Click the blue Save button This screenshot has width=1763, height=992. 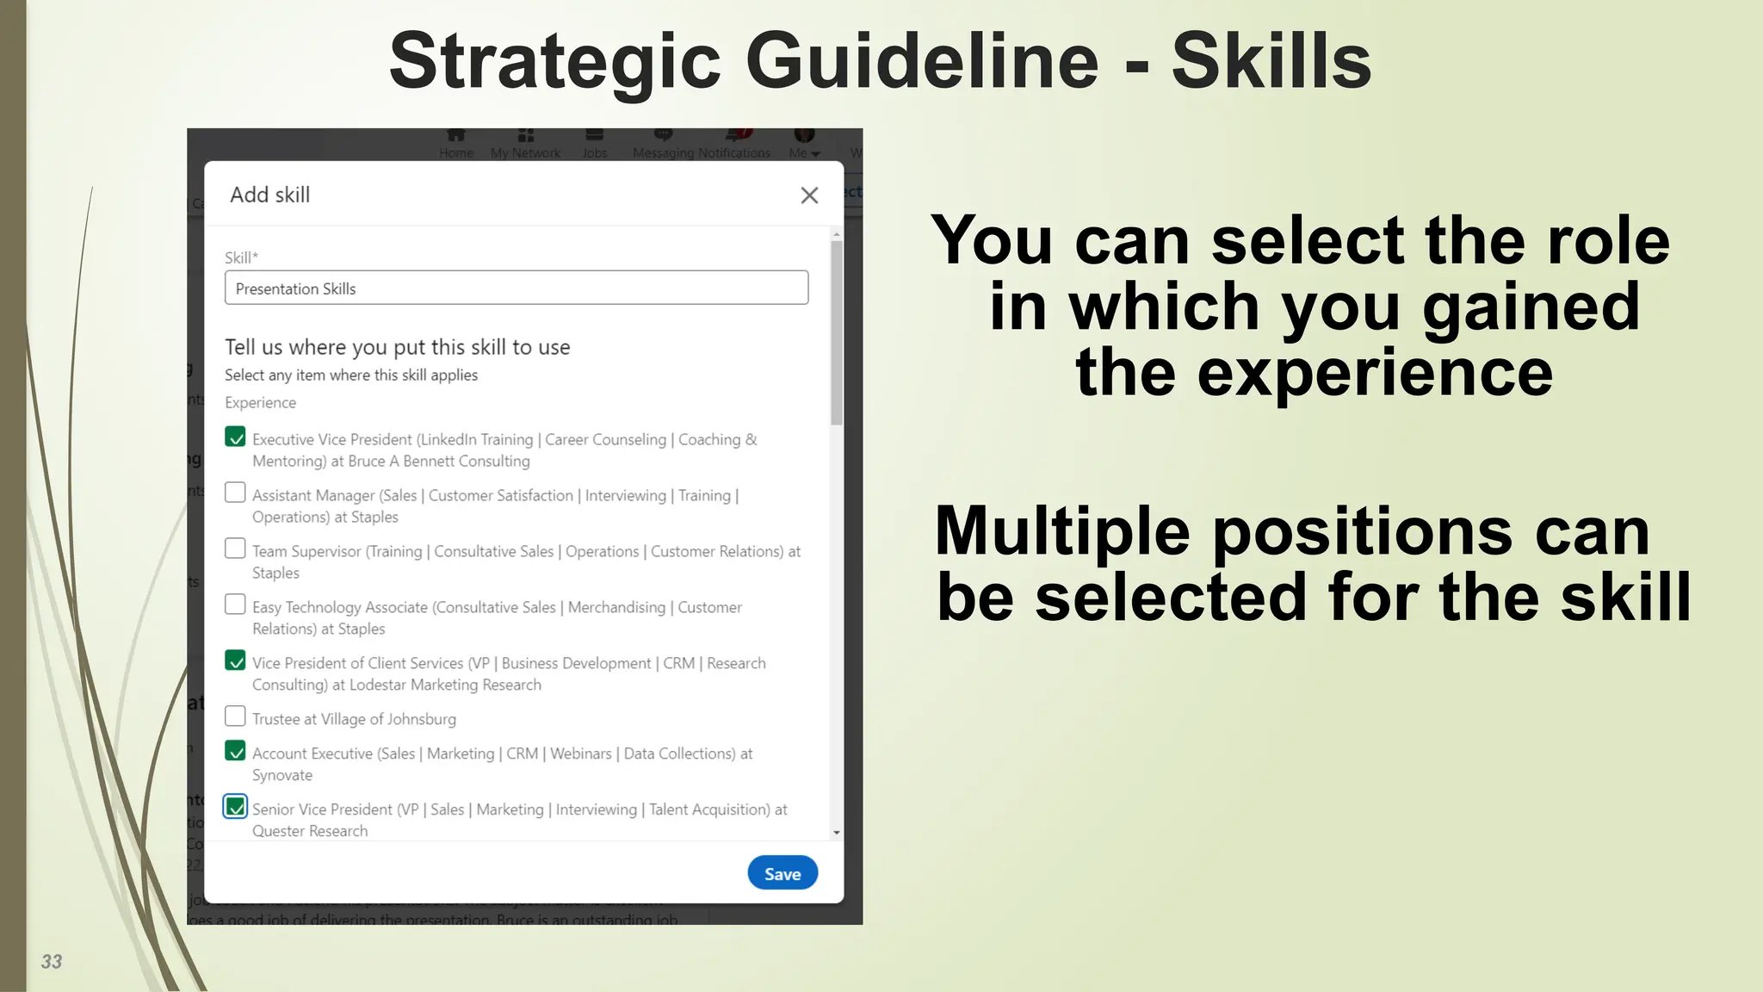(x=782, y=873)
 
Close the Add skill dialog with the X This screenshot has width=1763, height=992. (x=809, y=195)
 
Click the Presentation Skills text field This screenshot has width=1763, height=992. (x=517, y=288)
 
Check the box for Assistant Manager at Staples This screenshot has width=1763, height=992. (x=235, y=493)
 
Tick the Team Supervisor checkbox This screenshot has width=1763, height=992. (x=235, y=549)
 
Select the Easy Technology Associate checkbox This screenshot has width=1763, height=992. (x=235, y=604)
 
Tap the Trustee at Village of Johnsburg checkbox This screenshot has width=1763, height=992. (x=235, y=716)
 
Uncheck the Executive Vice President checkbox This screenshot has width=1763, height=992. (x=235, y=437)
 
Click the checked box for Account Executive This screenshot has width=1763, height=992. (x=235, y=751)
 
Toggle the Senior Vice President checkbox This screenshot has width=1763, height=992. (x=235, y=807)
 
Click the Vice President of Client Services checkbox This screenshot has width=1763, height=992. (x=235, y=660)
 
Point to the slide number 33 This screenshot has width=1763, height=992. (x=52, y=962)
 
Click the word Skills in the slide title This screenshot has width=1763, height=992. (x=1271, y=61)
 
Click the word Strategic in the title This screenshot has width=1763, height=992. (x=554, y=61)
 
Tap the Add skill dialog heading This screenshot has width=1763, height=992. (x=269, y=195)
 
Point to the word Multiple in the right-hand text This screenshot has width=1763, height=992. (x=1064, y=531)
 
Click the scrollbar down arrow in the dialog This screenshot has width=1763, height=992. (x=837, y=833)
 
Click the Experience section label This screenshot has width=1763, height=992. (x=260, y=403)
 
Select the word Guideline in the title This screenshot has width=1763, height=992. (x=922, y=61)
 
